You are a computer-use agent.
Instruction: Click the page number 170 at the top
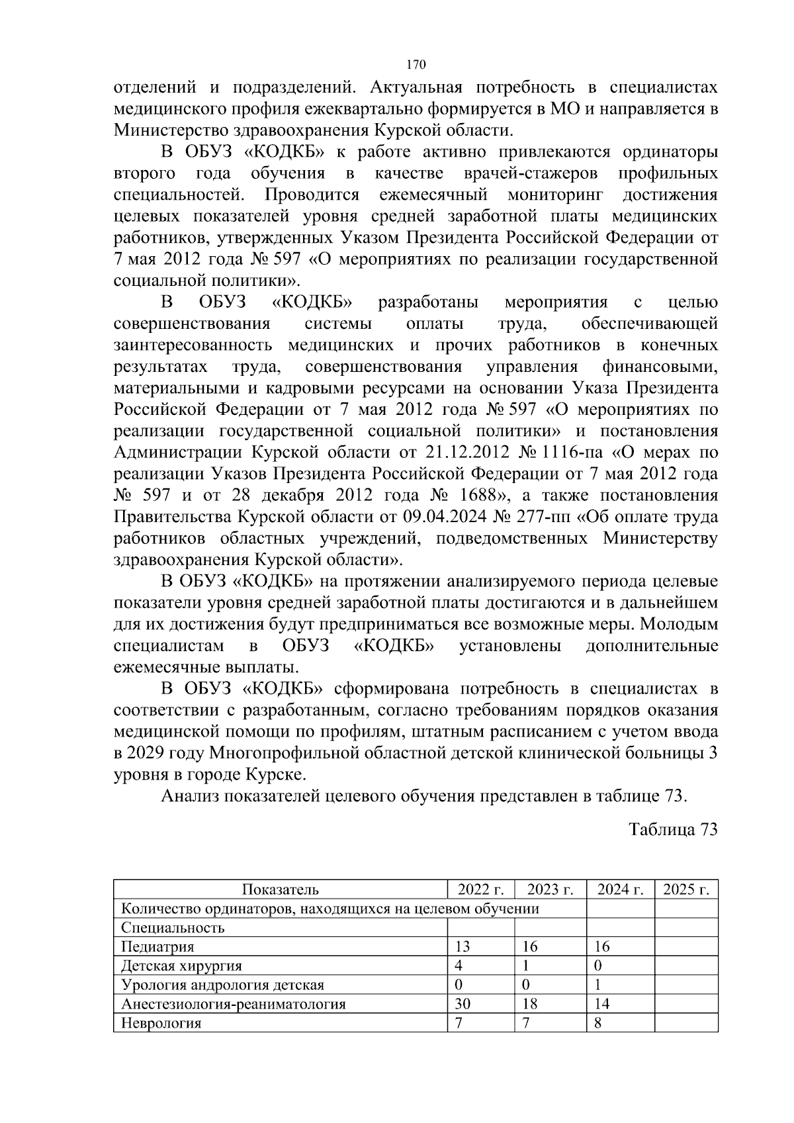coord(416,65)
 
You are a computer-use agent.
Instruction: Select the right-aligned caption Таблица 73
coord(673,830)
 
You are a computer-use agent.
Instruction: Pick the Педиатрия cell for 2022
coord(463,947)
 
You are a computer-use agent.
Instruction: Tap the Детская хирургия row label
coord(181,966)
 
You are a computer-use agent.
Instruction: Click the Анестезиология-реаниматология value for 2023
coord(530,1004)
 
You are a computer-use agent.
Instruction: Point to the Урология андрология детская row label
coord(222,985)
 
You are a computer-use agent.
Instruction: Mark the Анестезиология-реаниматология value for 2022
coord(463,1004)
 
